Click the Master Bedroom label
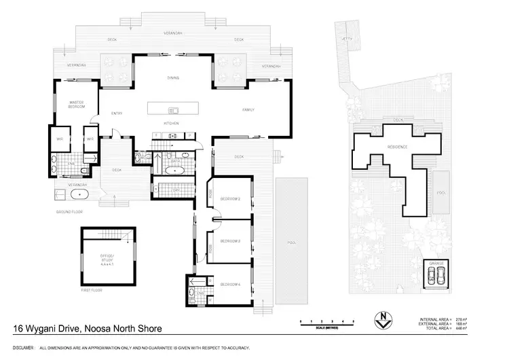tap(75, 105)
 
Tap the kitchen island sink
tap(172, 110)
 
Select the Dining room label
tap(173, 78)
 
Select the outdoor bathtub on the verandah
tap(79, 194)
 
